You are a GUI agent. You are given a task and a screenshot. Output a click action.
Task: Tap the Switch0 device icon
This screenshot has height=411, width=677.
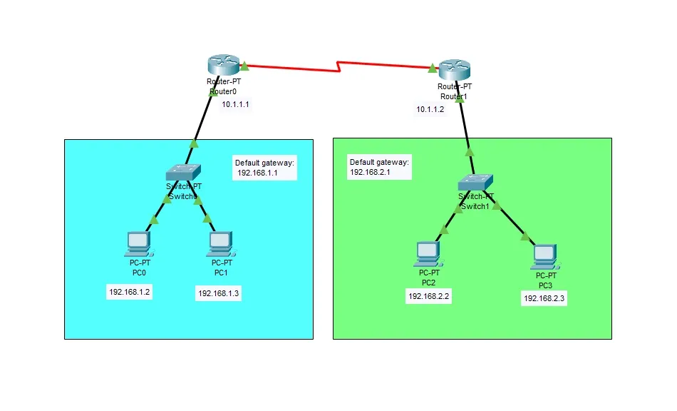click(x=183, y=172)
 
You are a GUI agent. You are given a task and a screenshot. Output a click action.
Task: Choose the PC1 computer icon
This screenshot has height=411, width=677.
click(x=219, y=243)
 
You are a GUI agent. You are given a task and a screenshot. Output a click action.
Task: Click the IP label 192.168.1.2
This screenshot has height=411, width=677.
click(x=130, y=292)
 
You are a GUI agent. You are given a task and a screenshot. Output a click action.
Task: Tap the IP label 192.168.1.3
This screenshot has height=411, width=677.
click(x=219, y=293)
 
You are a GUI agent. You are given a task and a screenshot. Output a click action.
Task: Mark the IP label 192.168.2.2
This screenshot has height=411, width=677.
click(x=428, y=296)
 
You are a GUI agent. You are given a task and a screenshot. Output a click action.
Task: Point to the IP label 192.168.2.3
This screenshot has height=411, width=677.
click(x=544, y=299)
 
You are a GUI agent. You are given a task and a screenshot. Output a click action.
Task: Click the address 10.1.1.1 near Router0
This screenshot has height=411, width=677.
click(x=237, y=104)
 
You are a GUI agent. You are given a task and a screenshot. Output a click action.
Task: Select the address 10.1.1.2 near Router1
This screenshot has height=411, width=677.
click(x=430, y=109)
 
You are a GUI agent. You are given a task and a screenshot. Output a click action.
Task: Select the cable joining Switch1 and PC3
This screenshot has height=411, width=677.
click(x=512, y=222)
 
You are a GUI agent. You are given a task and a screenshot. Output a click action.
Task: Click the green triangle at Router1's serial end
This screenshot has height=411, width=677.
click(x=433, y=68)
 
